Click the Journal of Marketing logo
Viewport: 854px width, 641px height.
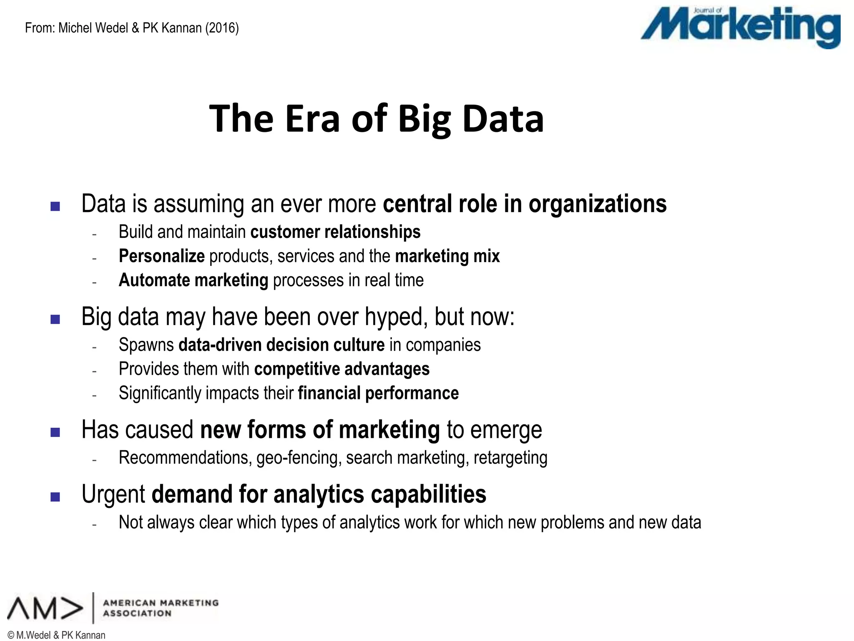[x=741, y=27]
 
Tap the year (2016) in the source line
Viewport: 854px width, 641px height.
[x=222, y=28]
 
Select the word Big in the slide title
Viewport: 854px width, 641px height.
[x=424, y=120]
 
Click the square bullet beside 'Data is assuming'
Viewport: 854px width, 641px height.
[x=55, y=206]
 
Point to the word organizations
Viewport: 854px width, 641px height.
[x=597, y=204]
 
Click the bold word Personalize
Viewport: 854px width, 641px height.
[x=161, y=256]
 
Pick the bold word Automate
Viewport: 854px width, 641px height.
[x=154, y=280]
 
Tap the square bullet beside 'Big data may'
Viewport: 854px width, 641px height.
[x=55, y=319]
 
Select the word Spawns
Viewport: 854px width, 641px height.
[x=146, y=345]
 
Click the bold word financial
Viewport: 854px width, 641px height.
[x=329, y=393]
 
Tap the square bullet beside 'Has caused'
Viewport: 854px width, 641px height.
[x=55, y=432]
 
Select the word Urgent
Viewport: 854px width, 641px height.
[x=113, y=495]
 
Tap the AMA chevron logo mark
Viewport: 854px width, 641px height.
[x=45, y=608]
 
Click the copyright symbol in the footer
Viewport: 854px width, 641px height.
[x=11, y=635]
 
